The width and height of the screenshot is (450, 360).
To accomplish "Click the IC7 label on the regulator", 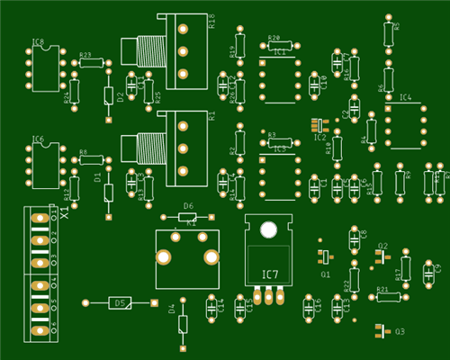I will [269, 274].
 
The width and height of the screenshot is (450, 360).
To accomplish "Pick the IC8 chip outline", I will [44, 68].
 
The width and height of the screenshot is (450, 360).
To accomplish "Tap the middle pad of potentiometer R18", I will [184, 52].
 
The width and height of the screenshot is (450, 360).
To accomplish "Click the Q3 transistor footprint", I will [379, 330].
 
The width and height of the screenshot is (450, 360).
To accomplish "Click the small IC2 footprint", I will [316, 124].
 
